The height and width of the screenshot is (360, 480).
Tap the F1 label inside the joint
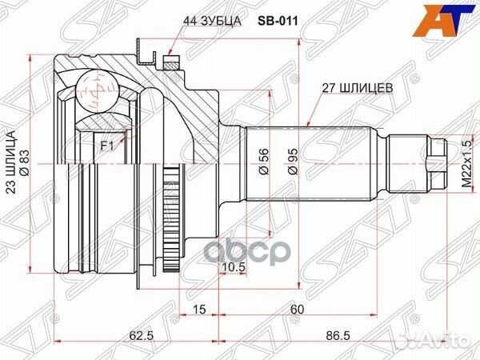pos(106,146)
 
